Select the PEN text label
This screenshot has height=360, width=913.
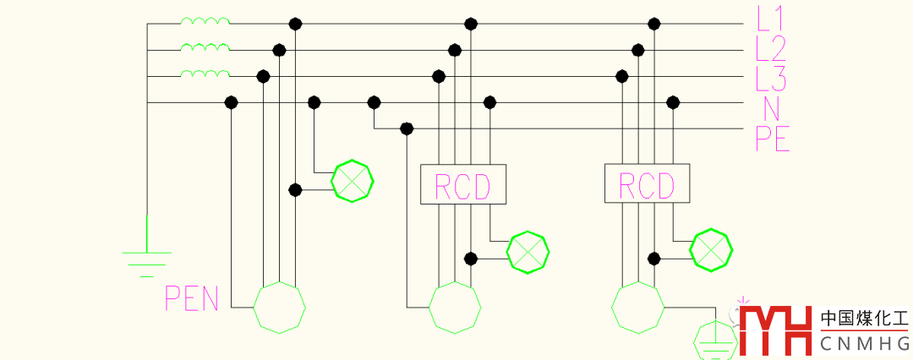[x=192, y=299]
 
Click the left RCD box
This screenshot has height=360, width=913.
[x=463, y=184]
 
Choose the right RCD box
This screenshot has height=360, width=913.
[x=647, y=184]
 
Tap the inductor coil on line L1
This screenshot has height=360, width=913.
[x=205, y=22]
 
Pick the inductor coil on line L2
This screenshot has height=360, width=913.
[x=205, y=49]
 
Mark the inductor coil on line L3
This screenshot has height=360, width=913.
[x=205, y=76]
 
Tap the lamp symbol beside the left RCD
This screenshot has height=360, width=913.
[x=528, y=251]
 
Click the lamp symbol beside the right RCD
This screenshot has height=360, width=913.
[x=711, y=249]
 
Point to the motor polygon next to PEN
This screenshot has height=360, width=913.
[x=280, y=307]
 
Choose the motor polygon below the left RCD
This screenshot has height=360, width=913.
[x=456, y=307]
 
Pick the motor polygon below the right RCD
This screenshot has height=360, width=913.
[x=638, y=308]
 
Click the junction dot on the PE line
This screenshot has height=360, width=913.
[x=407, y=128]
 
